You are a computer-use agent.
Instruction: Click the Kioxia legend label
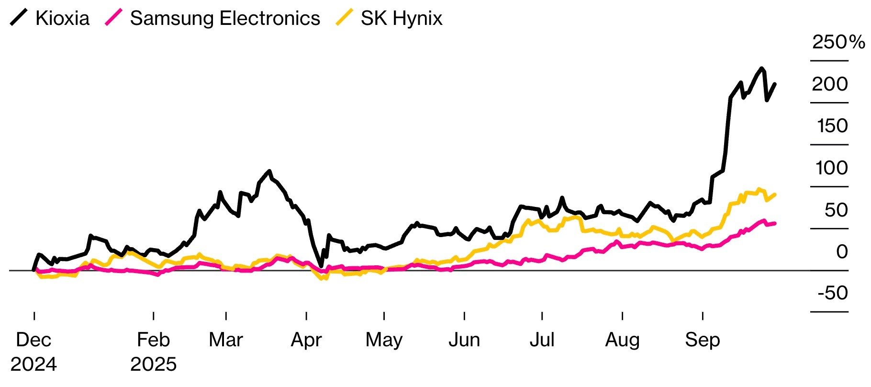(x=62, y=18)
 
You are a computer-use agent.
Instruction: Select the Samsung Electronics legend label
(x=225, y=18)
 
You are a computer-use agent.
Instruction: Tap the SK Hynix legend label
(x=402, y=18)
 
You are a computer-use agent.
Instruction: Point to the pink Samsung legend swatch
(x=114, y=18)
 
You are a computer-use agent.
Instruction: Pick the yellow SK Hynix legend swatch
(x=345, y=18)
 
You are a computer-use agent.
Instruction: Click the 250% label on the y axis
(x=838, y=42)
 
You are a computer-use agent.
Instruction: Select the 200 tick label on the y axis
(x=830, y=84)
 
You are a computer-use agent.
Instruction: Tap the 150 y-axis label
(x=832, y=126)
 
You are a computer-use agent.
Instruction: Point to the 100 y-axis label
(x=832, y=168)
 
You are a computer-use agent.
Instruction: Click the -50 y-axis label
(x=833, y=293)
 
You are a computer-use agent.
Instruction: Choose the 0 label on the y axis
(x=842, y=251)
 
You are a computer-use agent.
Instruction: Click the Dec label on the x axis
(x=33, y=340)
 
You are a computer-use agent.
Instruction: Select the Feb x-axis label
(x=153, y=340)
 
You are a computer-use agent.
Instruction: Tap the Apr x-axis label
(x=306, y=340)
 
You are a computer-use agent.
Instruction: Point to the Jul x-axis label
(x=542, y=340)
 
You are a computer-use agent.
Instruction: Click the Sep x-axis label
(x=702, y=340)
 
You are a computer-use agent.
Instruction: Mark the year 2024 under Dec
(x=33, y=364)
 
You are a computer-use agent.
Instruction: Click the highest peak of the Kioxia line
(x=761, y=68)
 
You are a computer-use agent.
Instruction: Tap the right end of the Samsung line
(x=775, y=223)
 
